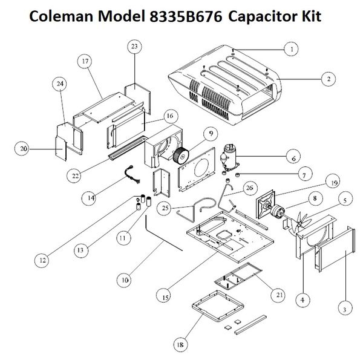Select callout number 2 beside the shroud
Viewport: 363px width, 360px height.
point(329,79)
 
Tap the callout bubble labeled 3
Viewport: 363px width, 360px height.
point(344,309)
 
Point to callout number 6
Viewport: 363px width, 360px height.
point(293,159)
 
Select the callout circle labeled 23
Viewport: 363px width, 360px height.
point(134,47)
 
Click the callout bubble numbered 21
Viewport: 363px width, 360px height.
point(280,295)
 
